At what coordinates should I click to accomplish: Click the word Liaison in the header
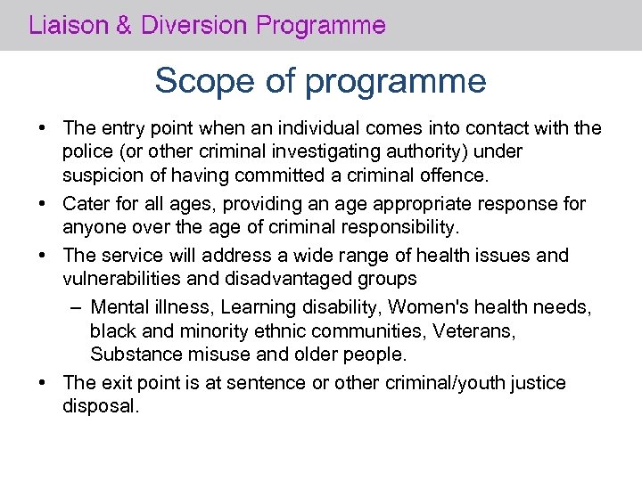click(66, 25)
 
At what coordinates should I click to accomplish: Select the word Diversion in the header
click(192, 25)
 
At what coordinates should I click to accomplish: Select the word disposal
click(102, 405)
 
